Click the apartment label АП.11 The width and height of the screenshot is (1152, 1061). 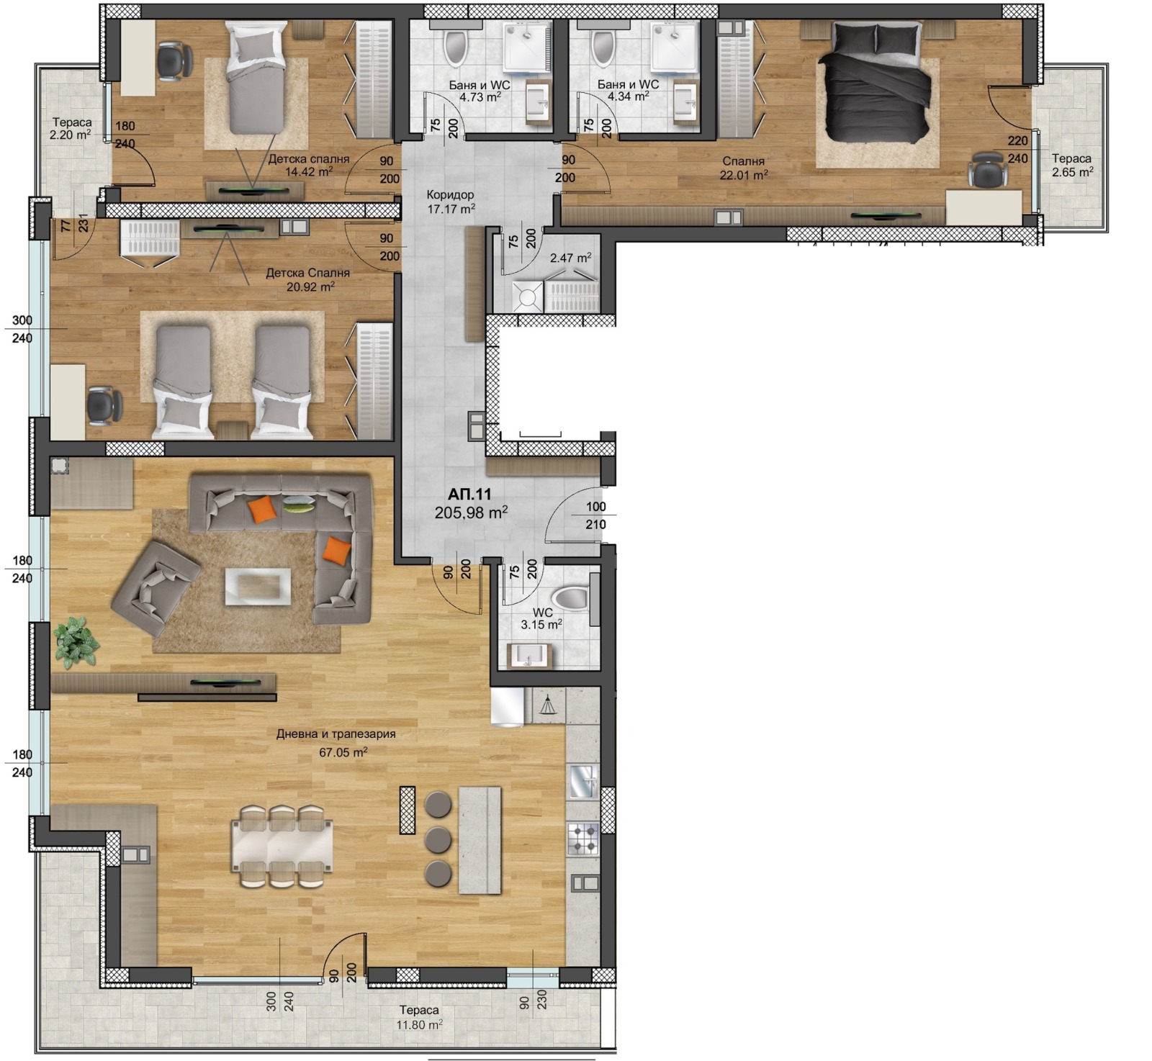[469, 495]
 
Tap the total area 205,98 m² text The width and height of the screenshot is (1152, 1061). [471, 513]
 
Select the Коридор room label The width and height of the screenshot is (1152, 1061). [450, 194]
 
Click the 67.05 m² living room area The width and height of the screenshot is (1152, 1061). [343, 752]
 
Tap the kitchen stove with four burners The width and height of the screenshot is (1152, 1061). [583, 839]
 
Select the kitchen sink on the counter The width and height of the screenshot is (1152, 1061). [583, 782]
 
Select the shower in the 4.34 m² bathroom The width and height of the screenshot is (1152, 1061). [674, 48]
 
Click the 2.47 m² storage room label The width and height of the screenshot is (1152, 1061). [571, 257]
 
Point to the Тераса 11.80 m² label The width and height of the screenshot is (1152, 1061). [419, 1018]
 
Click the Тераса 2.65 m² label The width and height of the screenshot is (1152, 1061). [1072, 165]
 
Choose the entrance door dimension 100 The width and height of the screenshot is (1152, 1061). [595, 507]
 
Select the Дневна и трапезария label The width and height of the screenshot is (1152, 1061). [336, 734]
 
